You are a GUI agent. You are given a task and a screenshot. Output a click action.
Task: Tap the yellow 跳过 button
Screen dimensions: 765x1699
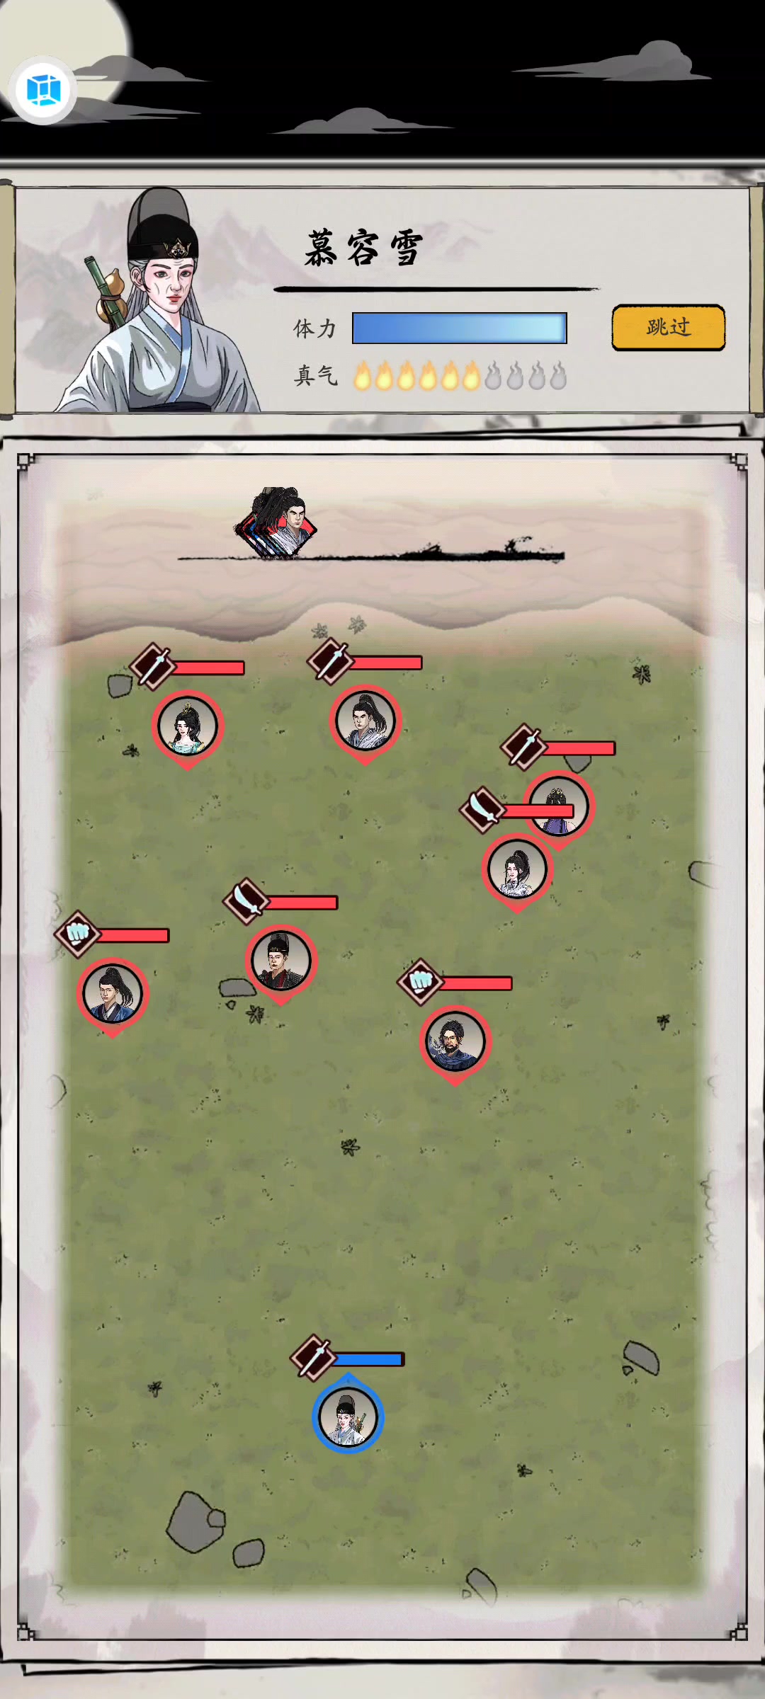[668, 327]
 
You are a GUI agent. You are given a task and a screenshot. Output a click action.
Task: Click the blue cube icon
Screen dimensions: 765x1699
[43, 90]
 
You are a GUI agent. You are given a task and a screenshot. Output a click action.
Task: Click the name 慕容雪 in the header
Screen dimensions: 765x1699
[364, 248]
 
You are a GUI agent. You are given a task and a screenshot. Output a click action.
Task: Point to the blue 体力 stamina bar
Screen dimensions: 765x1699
[460, 328]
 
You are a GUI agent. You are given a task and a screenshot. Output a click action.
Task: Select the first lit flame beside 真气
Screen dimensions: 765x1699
[362, 376]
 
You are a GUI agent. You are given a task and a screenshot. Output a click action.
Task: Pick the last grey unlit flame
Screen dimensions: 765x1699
[558, 376]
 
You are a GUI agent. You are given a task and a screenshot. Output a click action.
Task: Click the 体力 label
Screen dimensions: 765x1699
[314, 328]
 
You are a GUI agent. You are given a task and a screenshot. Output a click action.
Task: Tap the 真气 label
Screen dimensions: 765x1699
[315, 375]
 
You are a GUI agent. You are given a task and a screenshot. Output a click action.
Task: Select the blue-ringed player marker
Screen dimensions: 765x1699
[348, 1415]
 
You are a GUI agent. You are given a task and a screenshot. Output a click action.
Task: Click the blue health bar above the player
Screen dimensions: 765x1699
[368, 1359]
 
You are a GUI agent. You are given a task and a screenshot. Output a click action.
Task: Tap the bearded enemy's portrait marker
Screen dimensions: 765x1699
[455, 1043]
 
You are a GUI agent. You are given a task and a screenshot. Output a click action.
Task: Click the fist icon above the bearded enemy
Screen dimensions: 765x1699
[421, 982]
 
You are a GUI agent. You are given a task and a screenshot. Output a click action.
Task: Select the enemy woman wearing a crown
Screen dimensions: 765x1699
[188, 728]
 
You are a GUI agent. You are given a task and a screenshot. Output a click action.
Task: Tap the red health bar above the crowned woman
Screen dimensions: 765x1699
[208, 668]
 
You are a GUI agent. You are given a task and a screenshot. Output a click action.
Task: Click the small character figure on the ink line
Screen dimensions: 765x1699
[278, 522]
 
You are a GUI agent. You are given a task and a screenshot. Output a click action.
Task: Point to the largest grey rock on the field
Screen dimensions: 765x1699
[195, 1522]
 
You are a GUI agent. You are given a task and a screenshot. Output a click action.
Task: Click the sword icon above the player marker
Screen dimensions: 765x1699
[313, 1358]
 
